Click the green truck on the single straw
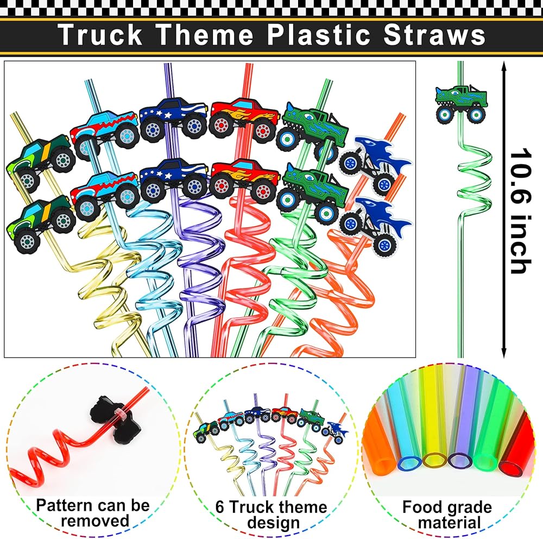460,103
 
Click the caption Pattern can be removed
92,513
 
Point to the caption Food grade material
447,515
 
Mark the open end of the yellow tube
432,461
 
